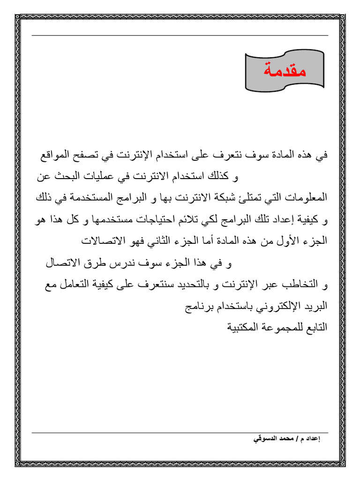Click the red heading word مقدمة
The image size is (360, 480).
[285, 71]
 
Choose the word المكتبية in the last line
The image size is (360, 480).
[245, 328]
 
